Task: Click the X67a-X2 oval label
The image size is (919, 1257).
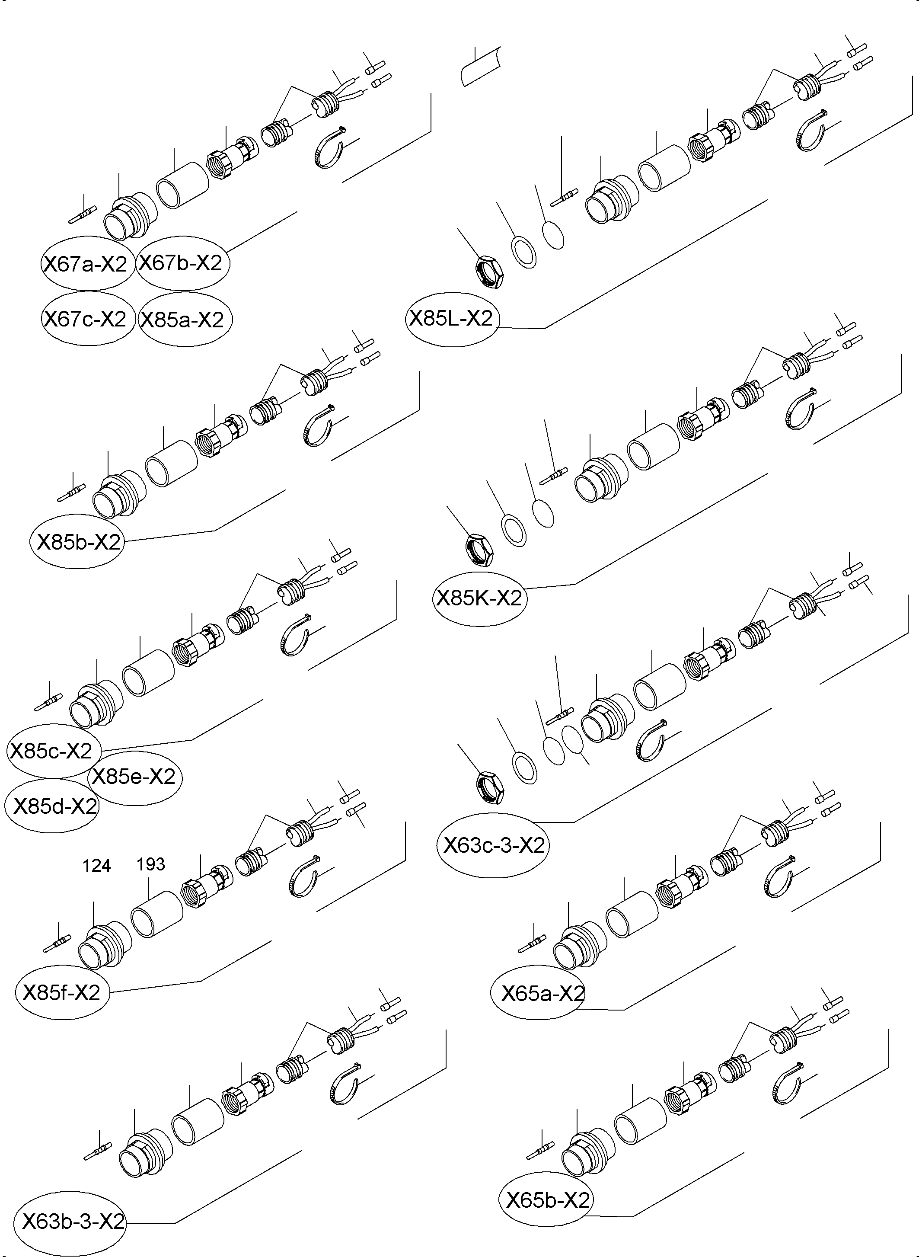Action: coord(86,264)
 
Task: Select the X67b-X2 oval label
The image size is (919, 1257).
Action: coord(180,262)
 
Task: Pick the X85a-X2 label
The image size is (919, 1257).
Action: coord(182,320)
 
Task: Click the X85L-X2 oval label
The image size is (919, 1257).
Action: coord(451,318)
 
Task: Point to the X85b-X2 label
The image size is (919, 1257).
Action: coord(78,541)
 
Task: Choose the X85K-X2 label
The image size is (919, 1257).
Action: coord(479,598)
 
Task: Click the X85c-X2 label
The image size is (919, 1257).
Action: coord(51,751)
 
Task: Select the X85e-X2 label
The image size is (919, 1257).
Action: coord(134,776)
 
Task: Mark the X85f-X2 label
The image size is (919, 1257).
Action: coord(61,993)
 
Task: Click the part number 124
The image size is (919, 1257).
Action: coord(97,866)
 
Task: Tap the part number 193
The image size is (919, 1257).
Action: coord(151,864)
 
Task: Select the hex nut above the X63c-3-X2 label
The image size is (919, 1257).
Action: coord(490,787)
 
